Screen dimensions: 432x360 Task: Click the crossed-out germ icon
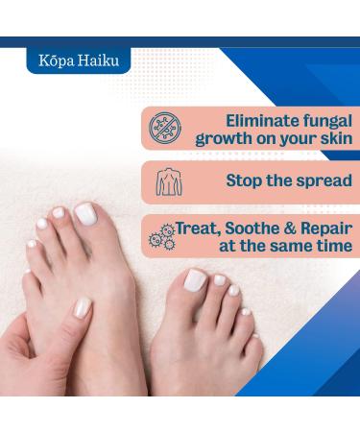(164, 129)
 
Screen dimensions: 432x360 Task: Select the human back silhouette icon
(168, 181)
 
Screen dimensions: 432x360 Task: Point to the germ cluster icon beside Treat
(160, 235)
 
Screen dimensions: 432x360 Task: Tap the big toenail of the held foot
(85, 213)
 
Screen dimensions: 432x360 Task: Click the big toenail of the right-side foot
(195, 279)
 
